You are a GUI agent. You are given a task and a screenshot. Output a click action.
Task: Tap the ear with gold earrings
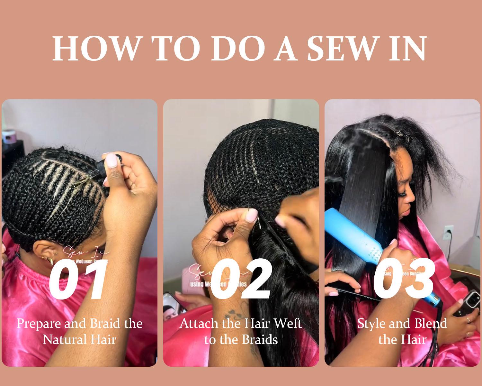47,254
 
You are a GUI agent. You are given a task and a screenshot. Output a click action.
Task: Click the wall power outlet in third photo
447,232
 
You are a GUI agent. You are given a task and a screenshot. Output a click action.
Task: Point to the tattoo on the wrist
231,314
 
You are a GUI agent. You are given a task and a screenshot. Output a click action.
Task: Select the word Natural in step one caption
62,339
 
